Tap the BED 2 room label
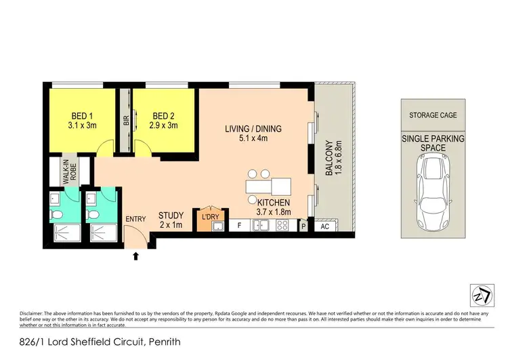tap(165, 120)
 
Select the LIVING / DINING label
tap(253, 134)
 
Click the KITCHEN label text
tap(274, 207)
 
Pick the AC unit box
tap(324, 226)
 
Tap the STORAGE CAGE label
tap(433, 115)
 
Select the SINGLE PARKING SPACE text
tap(433, 143)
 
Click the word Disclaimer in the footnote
tap(35, 313)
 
